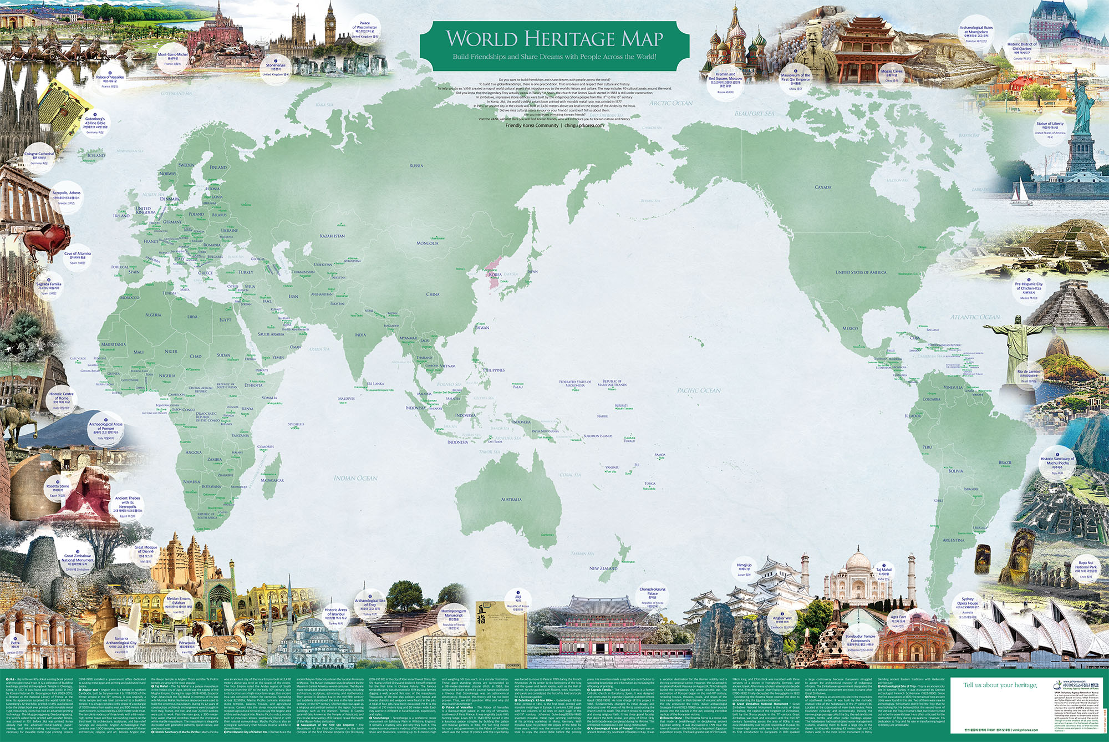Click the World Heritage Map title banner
(554, 45)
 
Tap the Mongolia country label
(428, 243)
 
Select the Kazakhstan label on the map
(332, 236)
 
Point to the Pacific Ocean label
(699, 390)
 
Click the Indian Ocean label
(355, 478)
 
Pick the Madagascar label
(272, 480)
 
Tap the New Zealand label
(603, 568)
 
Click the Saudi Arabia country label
(271, 334)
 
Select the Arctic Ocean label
(671, 103)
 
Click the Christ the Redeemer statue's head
(1017, 320)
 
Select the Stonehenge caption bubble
(276, 67)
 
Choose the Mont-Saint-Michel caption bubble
(172, 58)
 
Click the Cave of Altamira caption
(77, 257)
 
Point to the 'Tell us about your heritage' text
(1000, 685)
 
